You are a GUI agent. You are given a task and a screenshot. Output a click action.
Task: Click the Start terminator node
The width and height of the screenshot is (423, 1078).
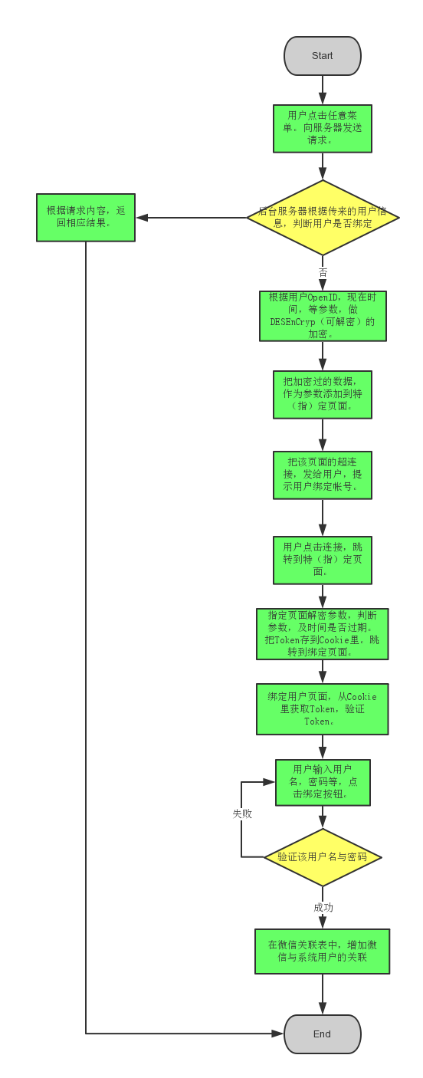[x=322, y=56]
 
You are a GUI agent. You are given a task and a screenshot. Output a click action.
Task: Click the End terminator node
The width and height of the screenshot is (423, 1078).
[x=322, y=1034]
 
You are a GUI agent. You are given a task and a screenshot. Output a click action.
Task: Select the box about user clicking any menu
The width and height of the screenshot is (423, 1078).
[x=322, y=128]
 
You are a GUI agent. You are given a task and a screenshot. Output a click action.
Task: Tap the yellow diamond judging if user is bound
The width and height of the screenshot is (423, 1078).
[x=323, y=217]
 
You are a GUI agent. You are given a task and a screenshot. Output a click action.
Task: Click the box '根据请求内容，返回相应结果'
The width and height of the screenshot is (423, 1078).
[x=86, y=217]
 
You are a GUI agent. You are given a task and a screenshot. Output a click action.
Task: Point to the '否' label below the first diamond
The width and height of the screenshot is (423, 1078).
[x=323, y=272]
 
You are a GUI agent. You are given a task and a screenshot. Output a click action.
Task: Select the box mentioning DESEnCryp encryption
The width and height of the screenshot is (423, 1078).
[x=323, y=316]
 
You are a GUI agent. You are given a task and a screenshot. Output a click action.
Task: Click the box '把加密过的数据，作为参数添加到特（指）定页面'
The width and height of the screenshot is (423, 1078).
[x=322, y=394]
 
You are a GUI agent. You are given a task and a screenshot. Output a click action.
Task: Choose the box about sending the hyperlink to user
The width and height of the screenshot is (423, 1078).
[x=322, y=475]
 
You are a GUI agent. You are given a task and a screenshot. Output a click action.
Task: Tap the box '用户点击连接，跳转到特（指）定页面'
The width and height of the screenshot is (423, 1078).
[x=322, y=559]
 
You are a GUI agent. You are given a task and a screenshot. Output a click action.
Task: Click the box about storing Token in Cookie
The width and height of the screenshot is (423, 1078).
[x=322, y=633]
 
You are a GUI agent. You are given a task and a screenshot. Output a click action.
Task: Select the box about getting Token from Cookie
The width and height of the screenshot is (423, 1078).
[x=322, y=708]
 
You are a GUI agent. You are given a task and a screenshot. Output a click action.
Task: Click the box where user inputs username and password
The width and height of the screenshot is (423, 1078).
[x=323, y=782]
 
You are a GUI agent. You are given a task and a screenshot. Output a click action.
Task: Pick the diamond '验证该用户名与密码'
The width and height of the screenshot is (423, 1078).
[x=323, y=856]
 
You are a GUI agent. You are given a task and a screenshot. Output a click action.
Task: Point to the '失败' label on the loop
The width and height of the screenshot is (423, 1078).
[x=242, y=813]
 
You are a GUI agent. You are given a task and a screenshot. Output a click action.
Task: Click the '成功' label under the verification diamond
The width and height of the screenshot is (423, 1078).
[x=323, y=907]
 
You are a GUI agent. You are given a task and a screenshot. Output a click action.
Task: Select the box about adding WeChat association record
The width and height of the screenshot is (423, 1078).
[x=322, y=951]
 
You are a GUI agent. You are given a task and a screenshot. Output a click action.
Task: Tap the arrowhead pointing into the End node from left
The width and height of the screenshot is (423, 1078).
[x=278, y=1034]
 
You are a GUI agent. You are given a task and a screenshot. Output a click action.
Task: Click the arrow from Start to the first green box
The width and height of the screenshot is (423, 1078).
[x=323, y=90]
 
